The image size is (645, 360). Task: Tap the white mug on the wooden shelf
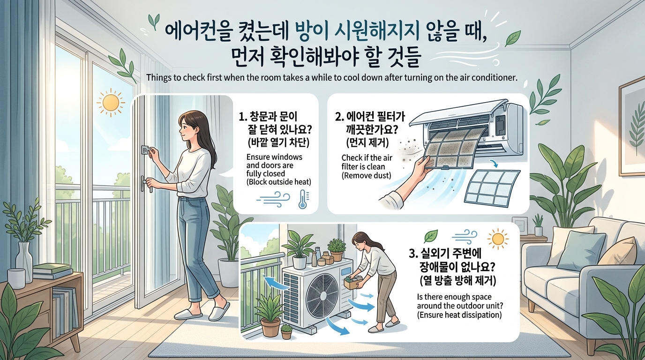pos(16,278)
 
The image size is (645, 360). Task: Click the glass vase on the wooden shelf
pos(24,262)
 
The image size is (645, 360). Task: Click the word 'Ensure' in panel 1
pos(258,157)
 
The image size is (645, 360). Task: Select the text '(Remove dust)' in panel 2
pos(366,175)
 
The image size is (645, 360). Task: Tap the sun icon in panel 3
pos(498,239)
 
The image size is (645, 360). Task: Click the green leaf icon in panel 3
pos(431,236)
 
